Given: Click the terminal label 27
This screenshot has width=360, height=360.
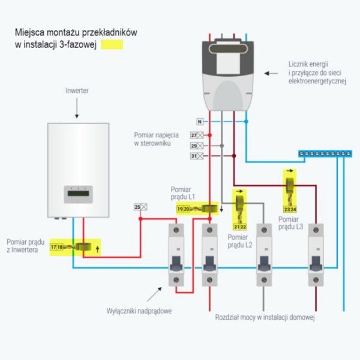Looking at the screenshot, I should (x=194, y=136).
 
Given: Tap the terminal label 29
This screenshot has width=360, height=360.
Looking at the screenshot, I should (x=194, y=146).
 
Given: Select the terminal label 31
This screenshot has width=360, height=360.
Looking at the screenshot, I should (x=194, y=156).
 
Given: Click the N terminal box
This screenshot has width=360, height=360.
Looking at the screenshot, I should (x=199, y=121).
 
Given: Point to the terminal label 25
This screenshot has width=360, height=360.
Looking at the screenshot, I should (x=137, y=207).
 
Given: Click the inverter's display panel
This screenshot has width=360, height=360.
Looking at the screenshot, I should (x=79, y=193).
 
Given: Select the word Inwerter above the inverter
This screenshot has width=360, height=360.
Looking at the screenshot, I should (x=77, y=91).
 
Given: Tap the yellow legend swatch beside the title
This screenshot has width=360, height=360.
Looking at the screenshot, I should (x=112, y=44).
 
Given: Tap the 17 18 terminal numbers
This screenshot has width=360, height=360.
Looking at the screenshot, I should (x=57, y=247).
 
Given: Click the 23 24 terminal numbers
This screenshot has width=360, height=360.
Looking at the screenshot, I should (x=290, y=209).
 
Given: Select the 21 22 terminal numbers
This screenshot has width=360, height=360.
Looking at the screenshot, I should (x=240, y=227).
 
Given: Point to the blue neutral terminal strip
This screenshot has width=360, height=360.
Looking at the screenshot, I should (x=325, y=154).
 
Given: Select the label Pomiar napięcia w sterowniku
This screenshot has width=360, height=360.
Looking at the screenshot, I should (x=153, y=140).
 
